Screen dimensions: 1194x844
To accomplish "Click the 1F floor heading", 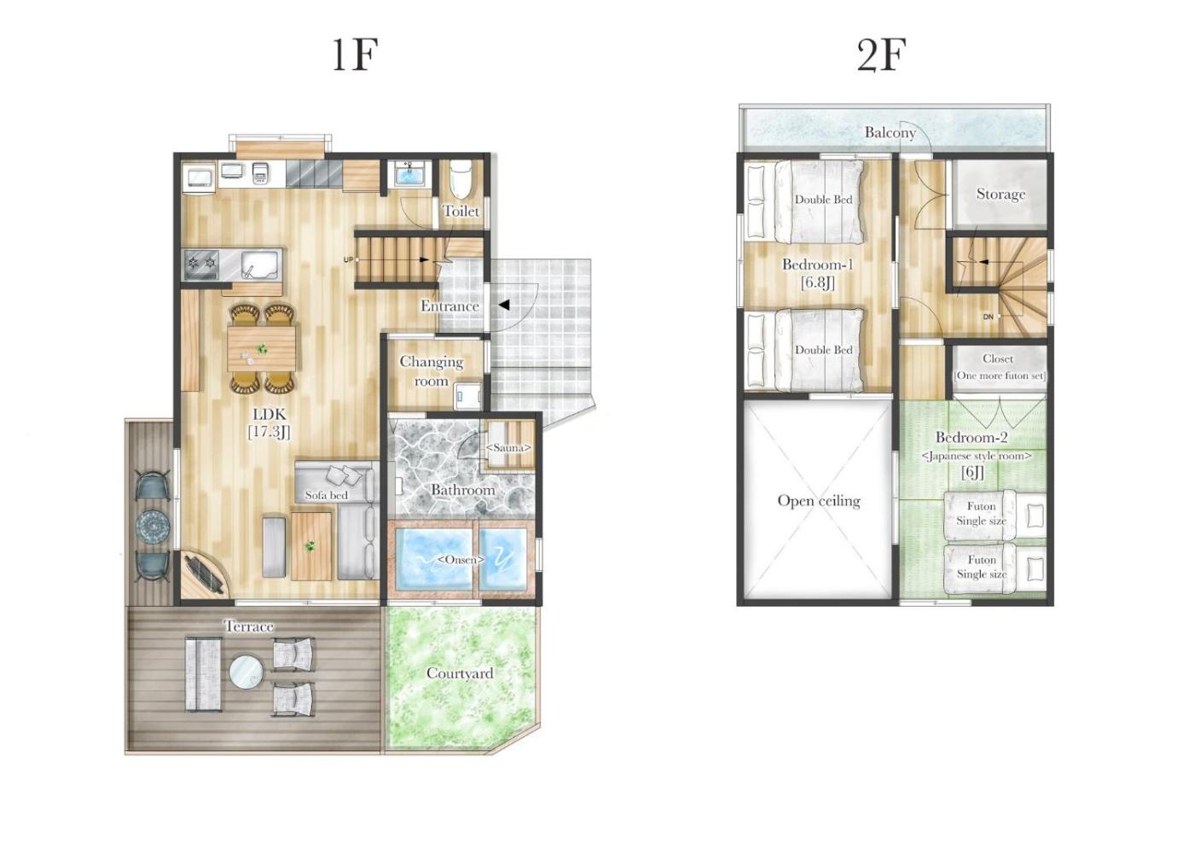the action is coord(355,55).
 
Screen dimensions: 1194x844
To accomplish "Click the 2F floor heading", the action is coord(882,55).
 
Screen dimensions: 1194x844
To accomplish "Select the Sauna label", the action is coord(508,448).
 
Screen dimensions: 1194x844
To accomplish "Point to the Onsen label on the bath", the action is coord(461,559).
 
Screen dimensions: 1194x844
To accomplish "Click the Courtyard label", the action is coord(460,673).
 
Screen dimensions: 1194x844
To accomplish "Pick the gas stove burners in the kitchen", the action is coord(201,261).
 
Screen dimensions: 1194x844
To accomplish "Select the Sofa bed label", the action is coord(326,495).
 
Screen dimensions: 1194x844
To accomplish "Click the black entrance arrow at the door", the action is coord(504,306).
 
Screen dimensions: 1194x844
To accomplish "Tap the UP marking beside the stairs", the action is coord(348,259).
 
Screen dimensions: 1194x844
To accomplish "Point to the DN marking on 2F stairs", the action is coord(988,317).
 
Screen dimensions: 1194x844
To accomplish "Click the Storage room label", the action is coord(1000,195).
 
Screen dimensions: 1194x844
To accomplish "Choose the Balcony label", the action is coord(890,132).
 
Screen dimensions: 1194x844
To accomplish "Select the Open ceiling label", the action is coord(819,500).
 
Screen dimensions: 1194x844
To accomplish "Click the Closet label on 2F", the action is coord(998,358).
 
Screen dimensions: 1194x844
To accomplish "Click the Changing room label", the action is coord(432,371).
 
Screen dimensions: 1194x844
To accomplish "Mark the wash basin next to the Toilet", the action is coord(409,173).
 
